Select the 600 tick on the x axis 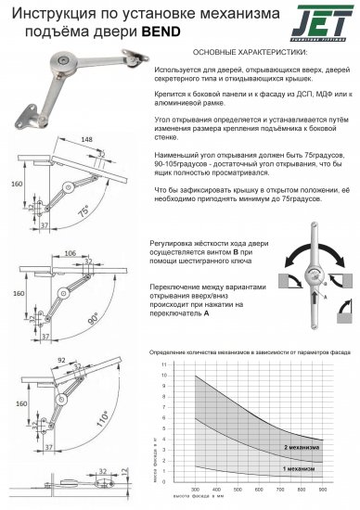click(259, 489)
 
